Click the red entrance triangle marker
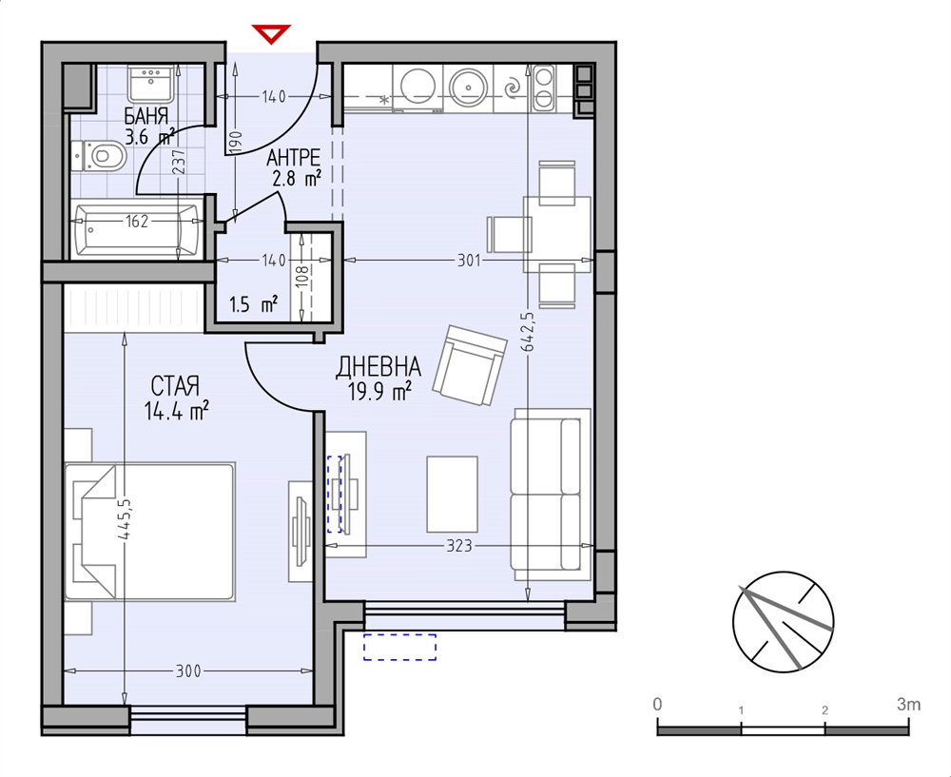coord(271,33)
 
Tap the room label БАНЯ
coord(146,115)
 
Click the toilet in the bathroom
coord(100,157)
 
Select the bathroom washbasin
coord(151,84)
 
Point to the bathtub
coord(137,229)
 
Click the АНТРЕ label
coord(294,158)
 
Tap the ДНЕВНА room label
coord(378,366)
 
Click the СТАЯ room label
coord(175,385)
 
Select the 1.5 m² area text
coord(254,303)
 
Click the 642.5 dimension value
coord(528,333)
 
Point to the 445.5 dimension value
coord(125,519)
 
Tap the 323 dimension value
coord(459,546)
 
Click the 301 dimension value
coord(469,261)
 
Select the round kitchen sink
coord(469,88)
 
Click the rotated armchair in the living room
coord(470,364)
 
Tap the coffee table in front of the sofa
coord(452,494)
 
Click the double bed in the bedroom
coord(149,532)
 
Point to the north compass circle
coord(783,622)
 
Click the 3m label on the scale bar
coord(908,704)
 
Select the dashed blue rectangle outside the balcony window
coord(399,647)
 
